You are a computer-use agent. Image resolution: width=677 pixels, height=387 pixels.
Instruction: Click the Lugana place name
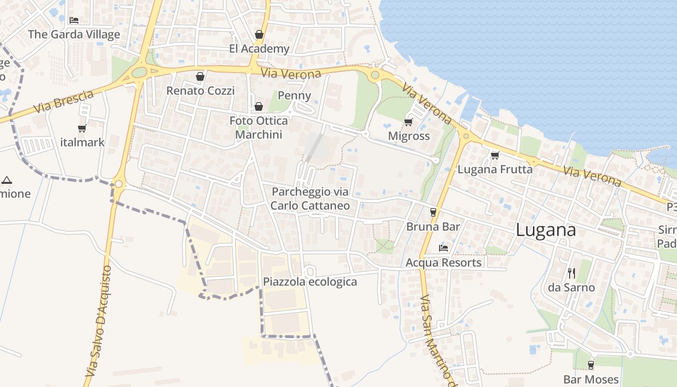click(545, 230)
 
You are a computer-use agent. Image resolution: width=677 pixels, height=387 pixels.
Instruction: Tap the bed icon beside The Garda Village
click(74, 20)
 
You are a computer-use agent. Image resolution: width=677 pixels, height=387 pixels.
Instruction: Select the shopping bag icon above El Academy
click(259, 34)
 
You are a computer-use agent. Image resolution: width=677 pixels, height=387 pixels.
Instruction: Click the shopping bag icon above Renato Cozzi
click(200, 76)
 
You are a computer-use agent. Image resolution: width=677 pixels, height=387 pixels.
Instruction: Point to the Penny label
click(294, 95)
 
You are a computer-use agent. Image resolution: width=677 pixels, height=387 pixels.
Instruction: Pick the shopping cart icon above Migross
click(409, 122)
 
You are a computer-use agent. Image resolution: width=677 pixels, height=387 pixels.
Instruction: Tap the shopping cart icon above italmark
click(82, 129)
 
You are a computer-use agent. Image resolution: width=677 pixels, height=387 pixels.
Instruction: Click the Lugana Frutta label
click(495, 169)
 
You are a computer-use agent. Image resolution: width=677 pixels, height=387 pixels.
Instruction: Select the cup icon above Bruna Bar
click(433, 212)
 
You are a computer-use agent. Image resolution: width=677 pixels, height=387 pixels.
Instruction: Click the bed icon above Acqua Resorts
click(443, 248)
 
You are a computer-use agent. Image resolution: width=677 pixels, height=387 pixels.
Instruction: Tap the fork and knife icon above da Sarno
click(571, 273)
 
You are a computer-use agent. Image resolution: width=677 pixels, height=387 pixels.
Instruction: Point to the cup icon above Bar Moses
click(590, 365)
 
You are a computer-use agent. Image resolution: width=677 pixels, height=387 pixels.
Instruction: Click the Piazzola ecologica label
click(310, 282)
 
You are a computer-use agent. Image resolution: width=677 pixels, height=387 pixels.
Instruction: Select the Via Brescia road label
click(63, 102)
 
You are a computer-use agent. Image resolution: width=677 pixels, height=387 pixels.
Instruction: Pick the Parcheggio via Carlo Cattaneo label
click(310, 199)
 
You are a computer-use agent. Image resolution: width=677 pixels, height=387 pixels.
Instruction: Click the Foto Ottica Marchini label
click(259, 128)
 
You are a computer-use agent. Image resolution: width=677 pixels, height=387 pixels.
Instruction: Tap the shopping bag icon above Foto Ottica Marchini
click(259, 106)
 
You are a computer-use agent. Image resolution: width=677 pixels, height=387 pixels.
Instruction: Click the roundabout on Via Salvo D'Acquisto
click(118, 184)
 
